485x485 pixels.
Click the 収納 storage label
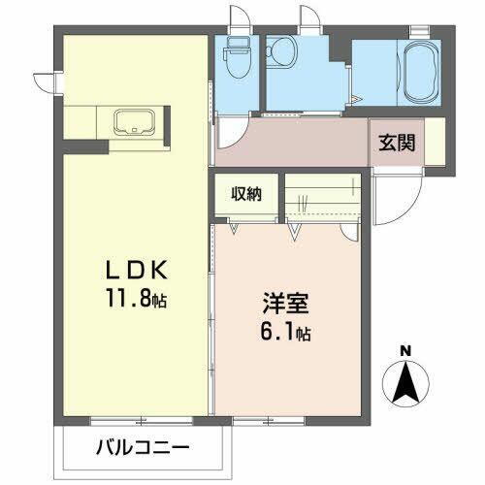[x=246, y=194]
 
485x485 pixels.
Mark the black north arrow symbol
[x=408, y=382]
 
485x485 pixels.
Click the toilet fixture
[x=237, y=58]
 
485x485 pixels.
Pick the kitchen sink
[x=131, y=124]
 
